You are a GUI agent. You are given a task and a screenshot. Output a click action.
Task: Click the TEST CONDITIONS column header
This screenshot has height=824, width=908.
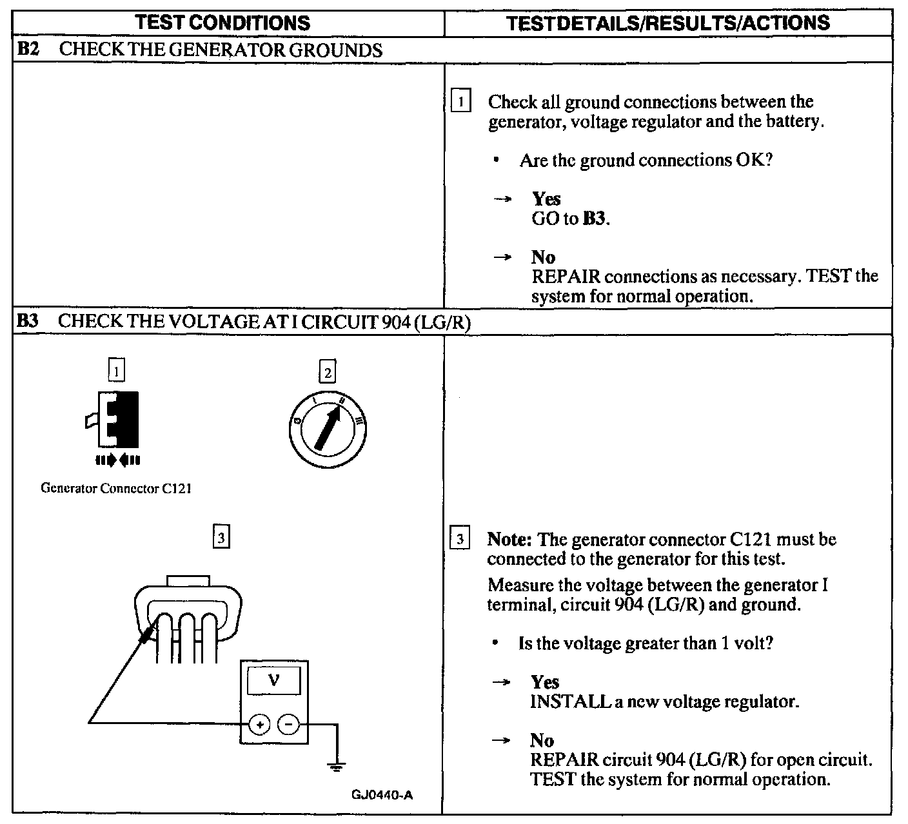(224, 23)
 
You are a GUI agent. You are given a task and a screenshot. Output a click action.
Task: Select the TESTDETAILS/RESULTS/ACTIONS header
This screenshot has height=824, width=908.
(668, 23)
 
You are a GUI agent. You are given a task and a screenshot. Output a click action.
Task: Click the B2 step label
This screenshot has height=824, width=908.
(28, 50)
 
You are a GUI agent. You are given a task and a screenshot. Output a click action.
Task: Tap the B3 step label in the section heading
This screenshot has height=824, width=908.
(28, 322)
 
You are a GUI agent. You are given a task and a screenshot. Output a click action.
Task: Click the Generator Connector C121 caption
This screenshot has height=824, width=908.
(116, 488)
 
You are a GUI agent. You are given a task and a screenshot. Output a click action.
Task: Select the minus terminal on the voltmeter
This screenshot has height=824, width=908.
(288, 725)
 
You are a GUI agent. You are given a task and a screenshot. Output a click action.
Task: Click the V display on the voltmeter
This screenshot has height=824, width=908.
(273, 680)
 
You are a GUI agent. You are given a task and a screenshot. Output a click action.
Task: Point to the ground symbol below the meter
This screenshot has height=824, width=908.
(335, 766)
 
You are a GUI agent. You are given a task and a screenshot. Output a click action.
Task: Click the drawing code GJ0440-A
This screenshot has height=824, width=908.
(382, 794)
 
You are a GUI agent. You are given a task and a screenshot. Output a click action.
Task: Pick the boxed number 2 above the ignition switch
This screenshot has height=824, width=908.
(328, 373)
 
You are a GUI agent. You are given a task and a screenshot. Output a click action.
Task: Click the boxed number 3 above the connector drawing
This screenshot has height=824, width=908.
(221, 537)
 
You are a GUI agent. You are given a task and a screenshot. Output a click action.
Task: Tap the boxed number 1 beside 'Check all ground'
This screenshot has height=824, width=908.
(461, 102)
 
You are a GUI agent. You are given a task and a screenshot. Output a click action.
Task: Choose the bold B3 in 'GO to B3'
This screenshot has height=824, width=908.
(595, 219)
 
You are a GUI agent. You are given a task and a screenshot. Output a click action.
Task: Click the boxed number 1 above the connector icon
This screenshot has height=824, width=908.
(116, 371)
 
